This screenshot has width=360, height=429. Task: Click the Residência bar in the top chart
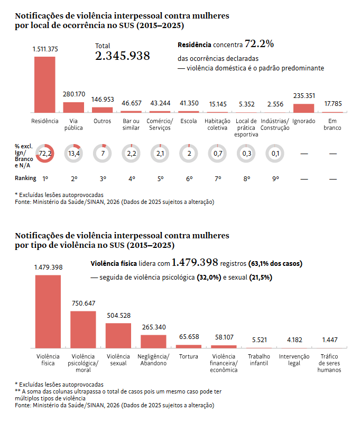click(45, 84)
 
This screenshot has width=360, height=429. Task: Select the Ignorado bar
click(303, 108)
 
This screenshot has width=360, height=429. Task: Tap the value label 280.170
click(73, 94)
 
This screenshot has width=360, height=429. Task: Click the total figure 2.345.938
click(123, 56)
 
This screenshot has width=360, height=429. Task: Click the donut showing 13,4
click(73, 154)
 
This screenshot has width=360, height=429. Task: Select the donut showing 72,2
click(45, 154)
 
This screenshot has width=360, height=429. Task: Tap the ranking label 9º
click(275, 178)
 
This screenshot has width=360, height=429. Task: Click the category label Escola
click(188, 121)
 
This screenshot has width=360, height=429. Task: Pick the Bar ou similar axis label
click(131, 124)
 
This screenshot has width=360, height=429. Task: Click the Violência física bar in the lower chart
click(48, 311)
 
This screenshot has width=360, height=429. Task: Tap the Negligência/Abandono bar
click(153, 341)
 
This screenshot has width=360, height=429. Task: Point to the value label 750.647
click(83, 303)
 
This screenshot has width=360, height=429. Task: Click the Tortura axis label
click(189, 356)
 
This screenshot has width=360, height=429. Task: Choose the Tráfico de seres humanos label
click(329, 363)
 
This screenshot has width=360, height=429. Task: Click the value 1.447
click(329, 339)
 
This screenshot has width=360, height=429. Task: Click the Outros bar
click(102, 110)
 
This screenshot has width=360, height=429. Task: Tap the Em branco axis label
click(333, 124)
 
